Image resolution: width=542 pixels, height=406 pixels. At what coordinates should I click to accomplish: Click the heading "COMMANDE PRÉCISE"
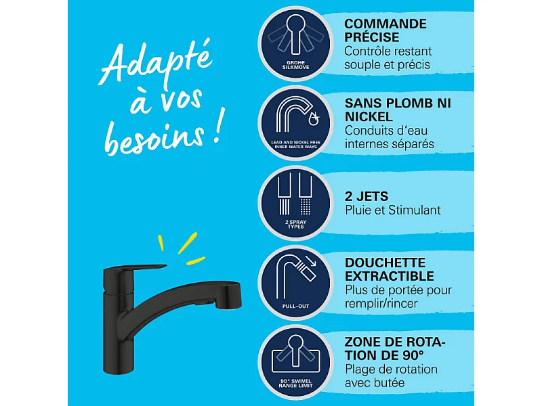point(385,30)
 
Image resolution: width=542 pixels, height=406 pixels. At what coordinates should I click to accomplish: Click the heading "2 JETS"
point(367,196)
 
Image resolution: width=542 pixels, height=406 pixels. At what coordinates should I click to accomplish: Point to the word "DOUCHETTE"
point(385,263)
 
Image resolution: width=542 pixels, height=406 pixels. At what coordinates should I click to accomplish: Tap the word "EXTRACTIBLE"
point(389,276)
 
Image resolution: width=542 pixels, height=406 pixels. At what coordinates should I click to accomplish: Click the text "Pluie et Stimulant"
point(392,210)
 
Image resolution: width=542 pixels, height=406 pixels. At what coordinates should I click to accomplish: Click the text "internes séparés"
point(389,144)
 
